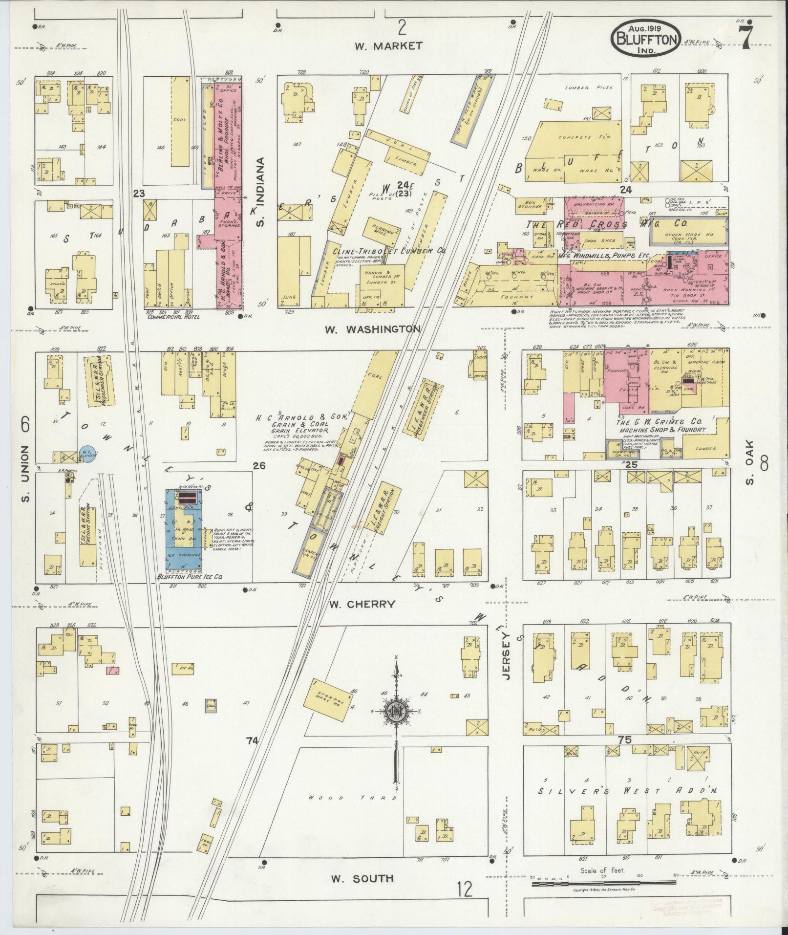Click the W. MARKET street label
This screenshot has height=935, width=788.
388,46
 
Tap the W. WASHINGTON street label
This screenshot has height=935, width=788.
372,329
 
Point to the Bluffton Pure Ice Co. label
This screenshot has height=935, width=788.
194,577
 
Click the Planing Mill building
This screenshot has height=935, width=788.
384,230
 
